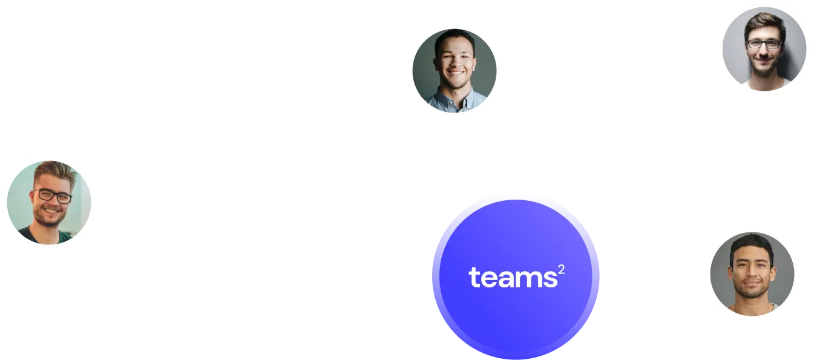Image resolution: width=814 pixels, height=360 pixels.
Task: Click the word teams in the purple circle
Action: click(512, 278)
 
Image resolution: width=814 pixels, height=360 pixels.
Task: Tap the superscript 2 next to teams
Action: click(562, 269)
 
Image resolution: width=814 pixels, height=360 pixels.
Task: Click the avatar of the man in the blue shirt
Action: click(454, 71)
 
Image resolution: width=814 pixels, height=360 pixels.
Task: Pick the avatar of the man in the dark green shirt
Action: click(49, 202)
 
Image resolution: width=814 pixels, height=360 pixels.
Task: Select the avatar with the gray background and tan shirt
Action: click(751, 273)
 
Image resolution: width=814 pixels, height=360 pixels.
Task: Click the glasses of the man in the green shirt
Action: click(53, 196)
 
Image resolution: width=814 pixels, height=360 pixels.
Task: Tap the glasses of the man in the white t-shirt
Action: click(763, 44)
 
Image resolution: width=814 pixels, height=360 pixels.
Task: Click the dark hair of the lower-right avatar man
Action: click(752, 242)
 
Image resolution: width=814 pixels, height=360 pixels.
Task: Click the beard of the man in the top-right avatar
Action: click(764, 70)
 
